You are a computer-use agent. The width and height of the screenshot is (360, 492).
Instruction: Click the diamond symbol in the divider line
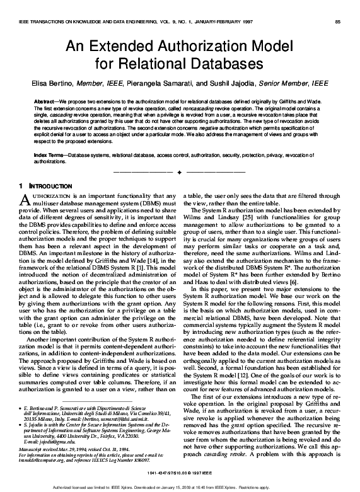tap(180, 172)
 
